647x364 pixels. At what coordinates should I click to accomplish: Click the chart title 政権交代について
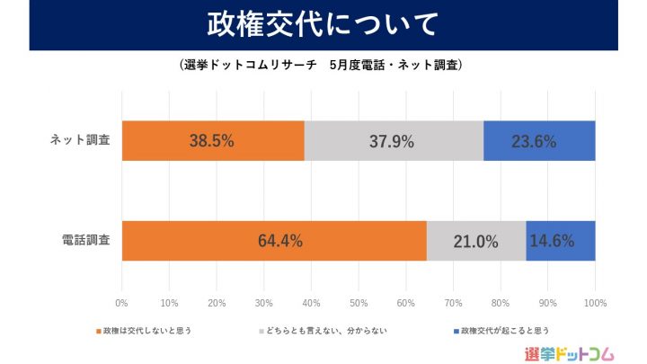[x=323, y=23]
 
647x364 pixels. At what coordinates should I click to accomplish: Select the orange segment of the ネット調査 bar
[x=213, y=141]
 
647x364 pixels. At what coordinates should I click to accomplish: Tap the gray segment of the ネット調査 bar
[x=394, y=141]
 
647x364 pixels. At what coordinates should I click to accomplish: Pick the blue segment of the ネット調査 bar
[x=539, y=141]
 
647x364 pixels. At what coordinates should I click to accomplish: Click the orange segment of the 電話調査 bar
[x=274, y=241]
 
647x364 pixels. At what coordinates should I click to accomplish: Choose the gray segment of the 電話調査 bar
[x=476, y=241]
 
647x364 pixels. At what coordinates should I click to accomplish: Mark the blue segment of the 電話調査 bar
[x=561, y=241]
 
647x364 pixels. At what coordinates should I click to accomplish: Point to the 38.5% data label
[x=212, y=141]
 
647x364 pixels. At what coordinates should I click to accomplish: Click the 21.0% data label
[x=476, y=241]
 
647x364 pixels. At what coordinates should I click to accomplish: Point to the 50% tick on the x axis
[x=359, y=302]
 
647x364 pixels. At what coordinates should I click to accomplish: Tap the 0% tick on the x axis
[x=122, y=302]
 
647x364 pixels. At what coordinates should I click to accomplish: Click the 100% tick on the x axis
[x=594, y=302]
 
